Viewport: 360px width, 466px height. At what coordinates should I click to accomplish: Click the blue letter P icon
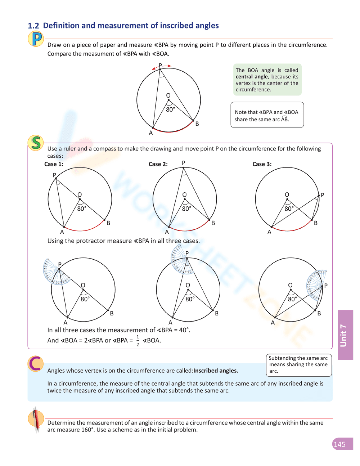[36, 39]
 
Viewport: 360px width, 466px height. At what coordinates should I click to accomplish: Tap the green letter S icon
[36, 143]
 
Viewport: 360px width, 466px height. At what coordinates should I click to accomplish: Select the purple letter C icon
[36, 363]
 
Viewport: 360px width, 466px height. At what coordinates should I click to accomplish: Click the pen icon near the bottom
[36, 420]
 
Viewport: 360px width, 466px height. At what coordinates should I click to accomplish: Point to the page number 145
[339, 444]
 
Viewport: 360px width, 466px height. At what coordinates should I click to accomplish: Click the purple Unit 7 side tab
[345, 335]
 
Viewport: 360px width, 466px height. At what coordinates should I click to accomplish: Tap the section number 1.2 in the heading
[33, 26]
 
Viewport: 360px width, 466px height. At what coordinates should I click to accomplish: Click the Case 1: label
[54, 164]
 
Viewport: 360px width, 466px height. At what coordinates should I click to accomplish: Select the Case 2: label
[158, 164]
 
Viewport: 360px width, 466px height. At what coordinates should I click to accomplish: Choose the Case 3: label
[262, 164]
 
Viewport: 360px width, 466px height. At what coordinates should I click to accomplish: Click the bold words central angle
[252, 77]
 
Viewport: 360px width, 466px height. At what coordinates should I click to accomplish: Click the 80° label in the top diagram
[170, 109]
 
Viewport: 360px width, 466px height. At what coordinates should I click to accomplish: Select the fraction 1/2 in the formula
[138, 341]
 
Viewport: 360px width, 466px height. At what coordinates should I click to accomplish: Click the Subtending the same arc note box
[298, 364]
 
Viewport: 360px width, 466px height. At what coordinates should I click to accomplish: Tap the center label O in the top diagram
[168, 95]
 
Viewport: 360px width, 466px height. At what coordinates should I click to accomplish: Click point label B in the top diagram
[197, 124]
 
